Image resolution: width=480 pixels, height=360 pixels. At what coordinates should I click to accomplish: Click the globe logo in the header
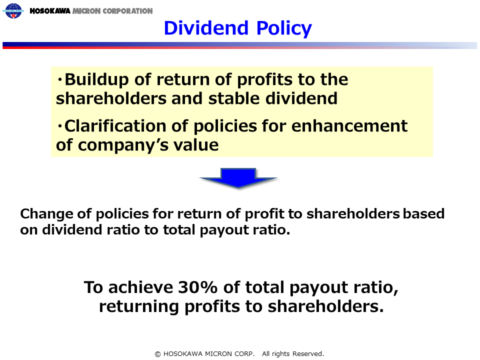point(13,10)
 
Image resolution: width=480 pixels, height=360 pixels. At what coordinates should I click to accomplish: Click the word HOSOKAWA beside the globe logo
point(50,11)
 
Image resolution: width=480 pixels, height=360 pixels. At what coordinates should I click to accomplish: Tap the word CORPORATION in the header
point(127,11)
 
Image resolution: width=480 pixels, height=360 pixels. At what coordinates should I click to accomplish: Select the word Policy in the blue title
point(284,28)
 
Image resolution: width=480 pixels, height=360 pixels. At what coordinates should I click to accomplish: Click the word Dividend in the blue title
point(206,28)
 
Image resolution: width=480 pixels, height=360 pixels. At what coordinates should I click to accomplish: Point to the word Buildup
point(96,80)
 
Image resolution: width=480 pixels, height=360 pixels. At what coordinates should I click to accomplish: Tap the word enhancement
point(349,126)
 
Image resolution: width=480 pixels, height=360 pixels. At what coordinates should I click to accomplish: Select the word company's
point(123,145)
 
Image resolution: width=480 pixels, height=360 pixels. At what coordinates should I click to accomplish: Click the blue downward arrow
point(238,177)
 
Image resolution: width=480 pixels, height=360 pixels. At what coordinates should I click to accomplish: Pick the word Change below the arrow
point(46,214)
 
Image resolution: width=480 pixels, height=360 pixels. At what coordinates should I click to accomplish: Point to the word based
point(423,213)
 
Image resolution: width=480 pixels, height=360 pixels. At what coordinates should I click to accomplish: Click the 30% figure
point(197,287)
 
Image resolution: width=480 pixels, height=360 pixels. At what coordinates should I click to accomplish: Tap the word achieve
point(140,287)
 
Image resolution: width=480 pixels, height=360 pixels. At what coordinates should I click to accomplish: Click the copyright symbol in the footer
point(157,354)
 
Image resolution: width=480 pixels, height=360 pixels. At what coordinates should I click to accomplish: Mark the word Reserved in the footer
point(308,354)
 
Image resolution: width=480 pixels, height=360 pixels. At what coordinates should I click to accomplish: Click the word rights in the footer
point(280,354)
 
